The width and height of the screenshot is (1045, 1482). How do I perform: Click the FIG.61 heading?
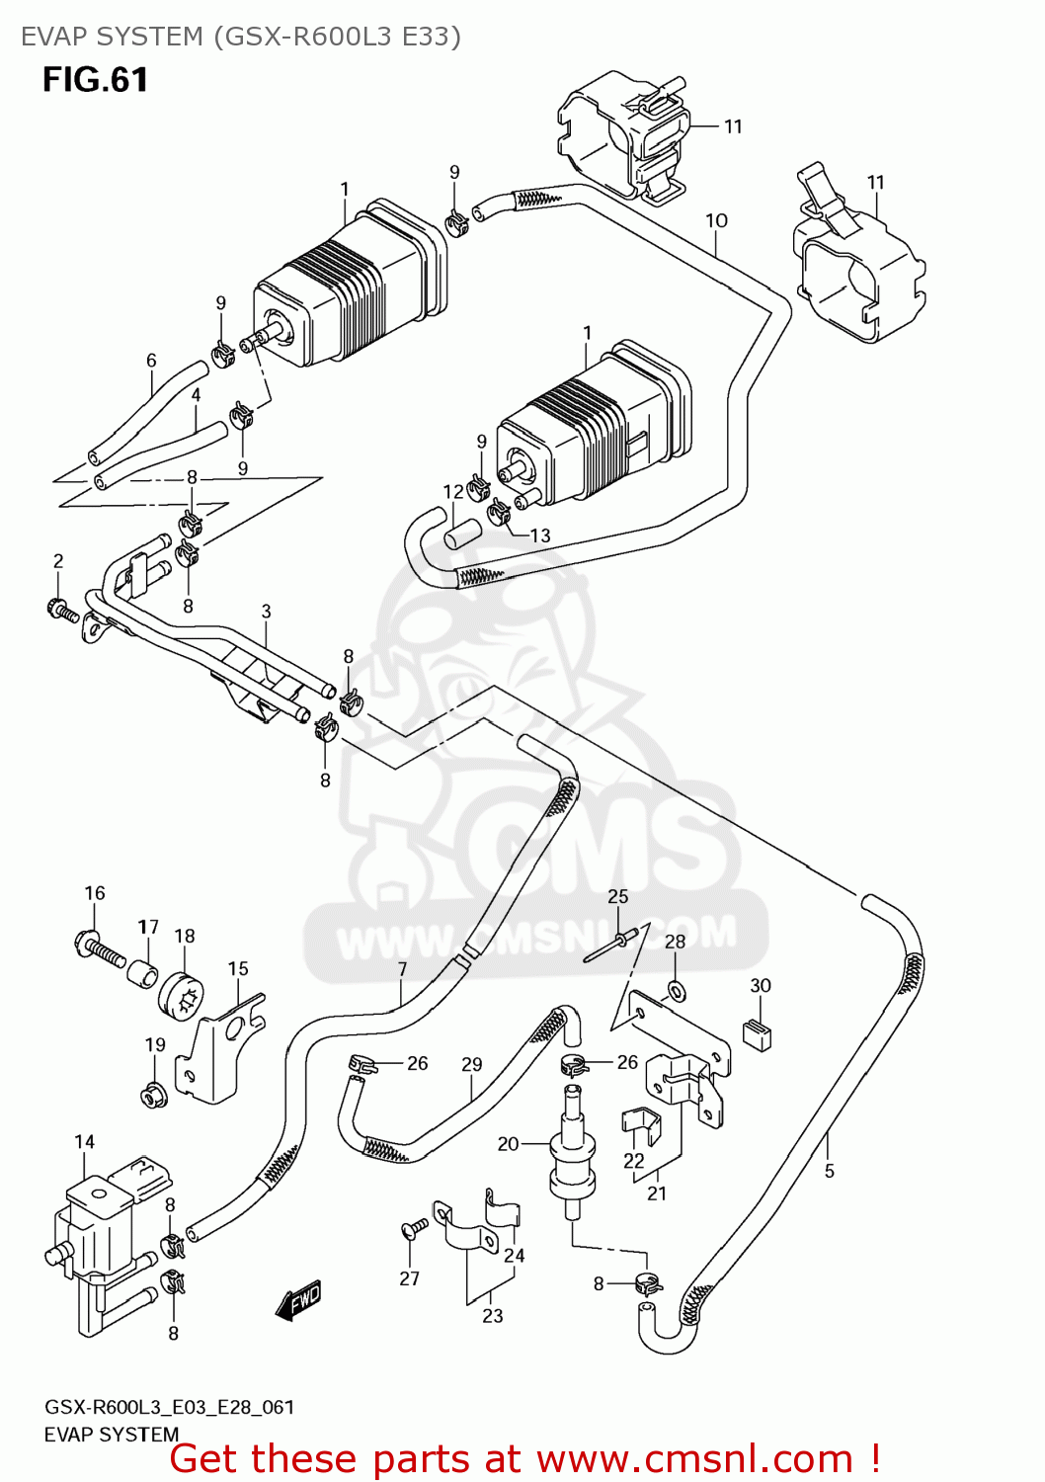pos(95,80)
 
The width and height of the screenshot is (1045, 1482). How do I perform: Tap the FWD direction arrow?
pos(299,1300)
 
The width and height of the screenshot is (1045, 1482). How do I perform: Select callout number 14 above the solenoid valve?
pos(85,1142)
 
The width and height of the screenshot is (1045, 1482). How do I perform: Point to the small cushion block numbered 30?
pos(758,1032)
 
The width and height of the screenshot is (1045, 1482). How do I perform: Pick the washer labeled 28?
pos(677,988)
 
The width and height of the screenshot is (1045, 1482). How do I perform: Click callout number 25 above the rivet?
pos(617,896)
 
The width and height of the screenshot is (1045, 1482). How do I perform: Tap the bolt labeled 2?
pos(62,610)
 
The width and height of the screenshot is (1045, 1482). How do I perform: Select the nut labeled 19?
pos(153,1095)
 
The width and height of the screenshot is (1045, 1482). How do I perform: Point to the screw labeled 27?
pos(415,1228)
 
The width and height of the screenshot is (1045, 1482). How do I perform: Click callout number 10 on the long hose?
pos(716,220)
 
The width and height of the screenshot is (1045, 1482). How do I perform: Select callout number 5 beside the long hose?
pos(830,1171)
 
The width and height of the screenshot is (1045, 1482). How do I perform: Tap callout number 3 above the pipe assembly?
pos(266,612)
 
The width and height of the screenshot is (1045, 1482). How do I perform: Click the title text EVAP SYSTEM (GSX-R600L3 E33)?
pos(241,37)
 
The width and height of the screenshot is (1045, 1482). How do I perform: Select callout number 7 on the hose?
pos(402,969)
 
